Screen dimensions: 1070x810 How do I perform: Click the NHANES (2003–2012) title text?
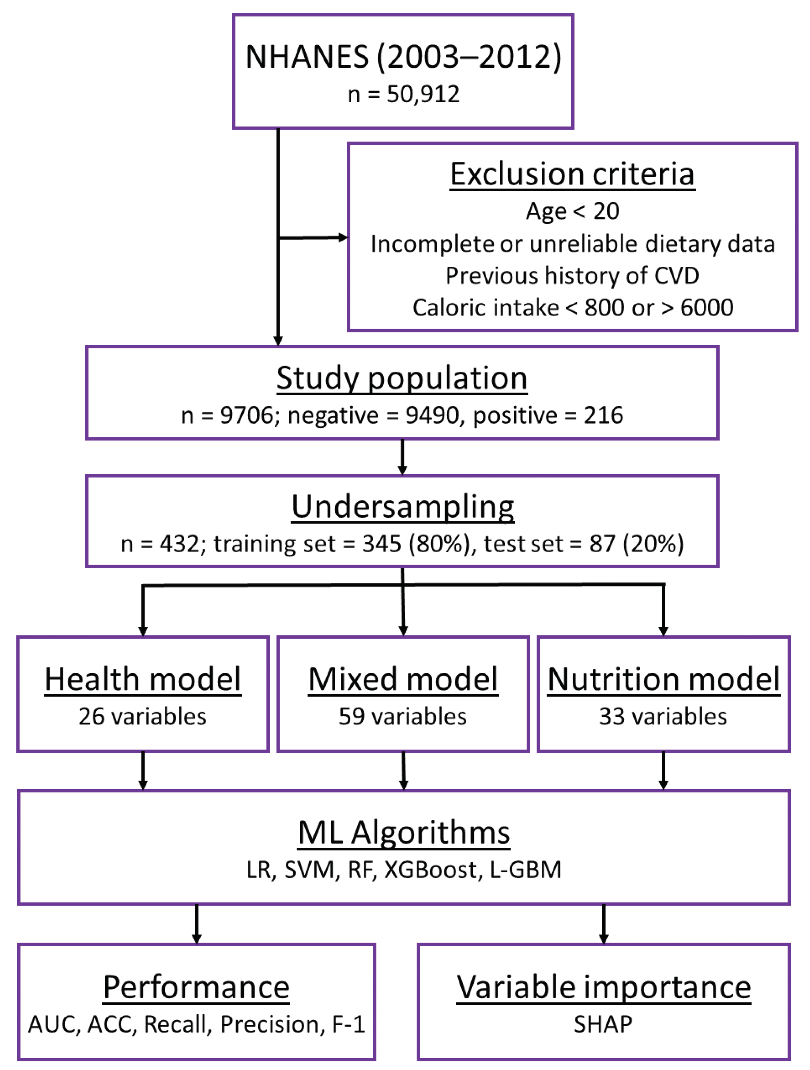tap(403, 57)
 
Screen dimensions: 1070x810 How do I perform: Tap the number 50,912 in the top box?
tap(423, 94)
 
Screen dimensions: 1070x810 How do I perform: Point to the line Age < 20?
tap(572, 211)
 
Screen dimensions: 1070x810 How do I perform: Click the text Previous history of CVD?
tap(572, 276)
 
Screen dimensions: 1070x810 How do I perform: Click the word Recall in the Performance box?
tap(177, 1025)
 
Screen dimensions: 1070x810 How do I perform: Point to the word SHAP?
tap(603, 1025)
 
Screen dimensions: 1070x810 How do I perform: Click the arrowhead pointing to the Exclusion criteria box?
tap(342, 237)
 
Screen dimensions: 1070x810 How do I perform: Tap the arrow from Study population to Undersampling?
tap(402, 457)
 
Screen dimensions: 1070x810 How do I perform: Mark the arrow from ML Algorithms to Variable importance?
tap(604, 924)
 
